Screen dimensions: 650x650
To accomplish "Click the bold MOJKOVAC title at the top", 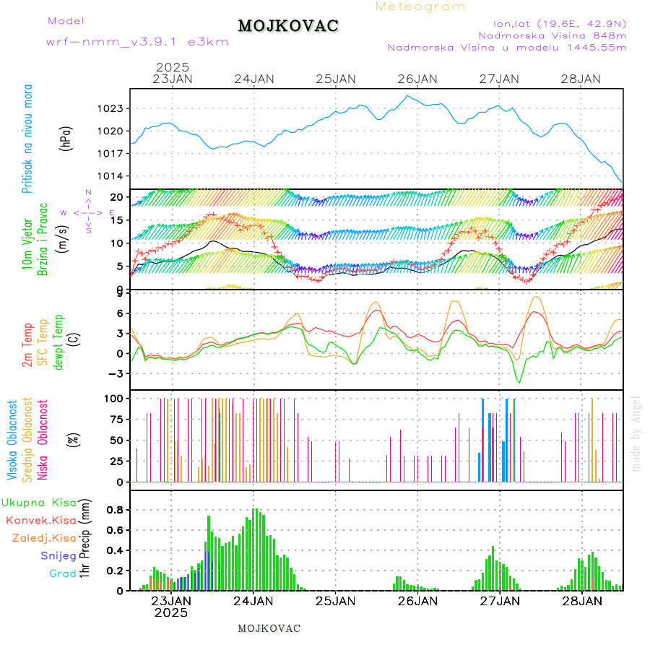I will click(x=288, y=26).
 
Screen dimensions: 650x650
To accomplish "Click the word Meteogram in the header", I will click(x=420, y=6).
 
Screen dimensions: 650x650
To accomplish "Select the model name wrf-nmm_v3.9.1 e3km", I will click(x=137, y=41).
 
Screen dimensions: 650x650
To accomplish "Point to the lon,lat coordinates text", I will click(x=559, y=22).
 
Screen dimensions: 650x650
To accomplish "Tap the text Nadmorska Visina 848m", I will click(x=552, y=35).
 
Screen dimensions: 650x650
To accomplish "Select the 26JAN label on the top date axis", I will click(x=417, y=79).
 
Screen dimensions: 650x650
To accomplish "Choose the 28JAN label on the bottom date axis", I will click(x=581, y=600).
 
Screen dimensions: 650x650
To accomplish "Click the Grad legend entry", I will click(x=62, y=573).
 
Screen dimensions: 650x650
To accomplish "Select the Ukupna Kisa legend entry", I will click(x=39, y=502).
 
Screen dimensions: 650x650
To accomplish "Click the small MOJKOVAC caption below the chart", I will click(x=269, y=628).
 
